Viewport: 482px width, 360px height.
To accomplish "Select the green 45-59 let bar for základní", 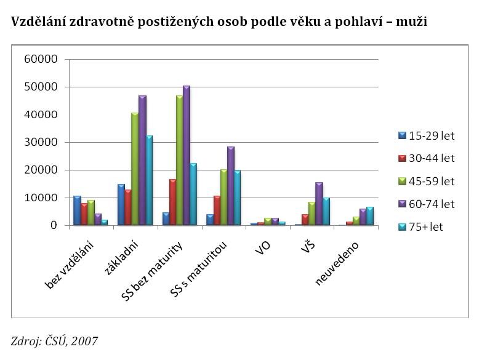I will pyautogui.click(x=134, y=169).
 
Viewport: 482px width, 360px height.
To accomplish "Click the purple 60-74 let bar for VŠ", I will pyautogui.click(x=319, y=204).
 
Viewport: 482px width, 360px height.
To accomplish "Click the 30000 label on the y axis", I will pyautogui.click(x=44, y=142).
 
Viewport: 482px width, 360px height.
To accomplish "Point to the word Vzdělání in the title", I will pyautogui.click(x=36, y=22).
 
